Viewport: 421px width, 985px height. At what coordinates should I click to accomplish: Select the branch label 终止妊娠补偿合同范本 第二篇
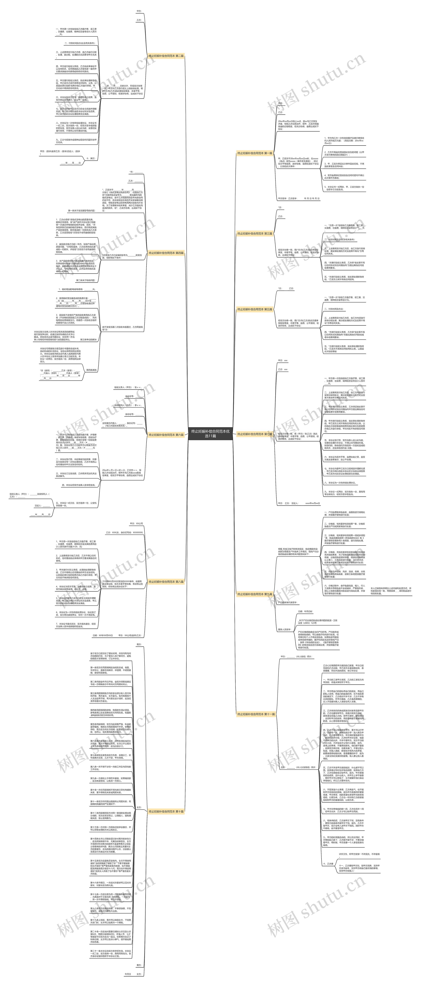tap(166, 56)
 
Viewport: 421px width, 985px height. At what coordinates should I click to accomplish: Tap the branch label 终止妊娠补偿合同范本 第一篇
tap(255, 153)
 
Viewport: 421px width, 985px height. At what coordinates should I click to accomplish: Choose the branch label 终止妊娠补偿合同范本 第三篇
tap(255, 233)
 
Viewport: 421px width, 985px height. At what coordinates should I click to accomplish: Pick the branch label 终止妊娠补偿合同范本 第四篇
tap(166, 253)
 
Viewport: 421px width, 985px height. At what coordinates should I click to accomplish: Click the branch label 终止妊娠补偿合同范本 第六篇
tap(166, 435)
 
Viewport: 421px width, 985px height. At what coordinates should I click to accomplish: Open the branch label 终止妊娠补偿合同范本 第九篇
tap(255, 594)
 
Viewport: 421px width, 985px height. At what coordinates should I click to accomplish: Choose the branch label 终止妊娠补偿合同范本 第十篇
tap(166, 800)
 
